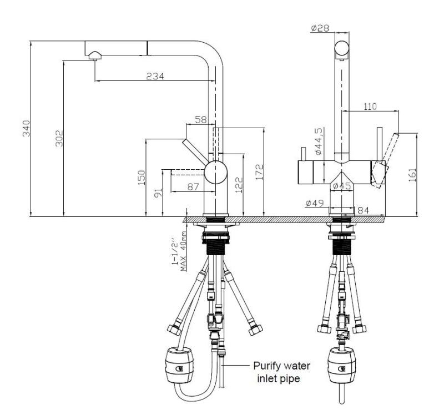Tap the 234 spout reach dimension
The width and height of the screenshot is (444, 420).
point(154,76)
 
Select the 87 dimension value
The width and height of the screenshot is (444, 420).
point(193,187)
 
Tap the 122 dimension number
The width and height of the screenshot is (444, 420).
point(239,183)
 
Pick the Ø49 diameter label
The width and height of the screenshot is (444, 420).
point(315,204)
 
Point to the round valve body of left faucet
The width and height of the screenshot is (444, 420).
point(215,173)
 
